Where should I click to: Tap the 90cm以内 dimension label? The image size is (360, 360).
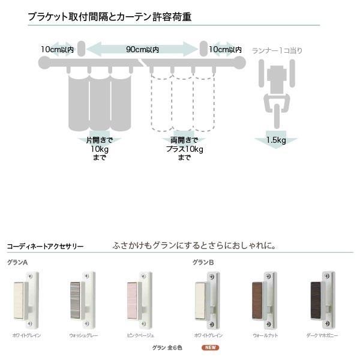click(142, 49)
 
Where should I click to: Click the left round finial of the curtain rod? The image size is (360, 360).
click(44, 62)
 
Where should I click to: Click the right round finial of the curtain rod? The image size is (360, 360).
click(240, 62)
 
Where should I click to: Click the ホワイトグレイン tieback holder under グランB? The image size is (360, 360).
click(208, 298)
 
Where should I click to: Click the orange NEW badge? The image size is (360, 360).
click(210, 347)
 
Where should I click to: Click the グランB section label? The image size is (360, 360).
click(203, 262)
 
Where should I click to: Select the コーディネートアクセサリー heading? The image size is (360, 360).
click(45, 246)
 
